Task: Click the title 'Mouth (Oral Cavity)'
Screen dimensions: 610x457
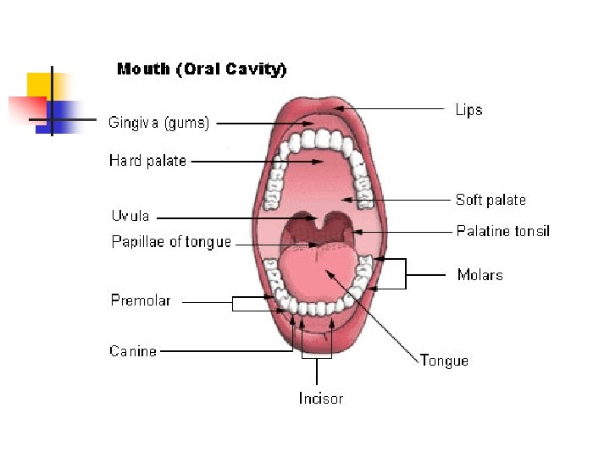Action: click(202, 69)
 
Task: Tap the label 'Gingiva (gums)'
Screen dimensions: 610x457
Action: click(158, 123)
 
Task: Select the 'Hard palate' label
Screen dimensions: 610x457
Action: click(147, 161)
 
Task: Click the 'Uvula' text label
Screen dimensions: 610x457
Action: click(130, 216)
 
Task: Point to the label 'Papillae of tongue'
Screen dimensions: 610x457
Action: click(171, 242)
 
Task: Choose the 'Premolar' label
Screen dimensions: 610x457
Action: click(140, 300)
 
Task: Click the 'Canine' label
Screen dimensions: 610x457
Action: click(133, 350)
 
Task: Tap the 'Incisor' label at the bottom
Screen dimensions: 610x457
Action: click(321, 398)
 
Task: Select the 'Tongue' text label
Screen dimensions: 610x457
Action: click(444, 361)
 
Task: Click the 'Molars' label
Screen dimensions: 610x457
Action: click(480, 274)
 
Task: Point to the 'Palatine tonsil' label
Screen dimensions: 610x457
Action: click(503, 230)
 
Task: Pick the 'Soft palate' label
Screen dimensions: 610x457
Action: click(491, 200)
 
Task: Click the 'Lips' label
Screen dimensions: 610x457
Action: click(469, 110)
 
